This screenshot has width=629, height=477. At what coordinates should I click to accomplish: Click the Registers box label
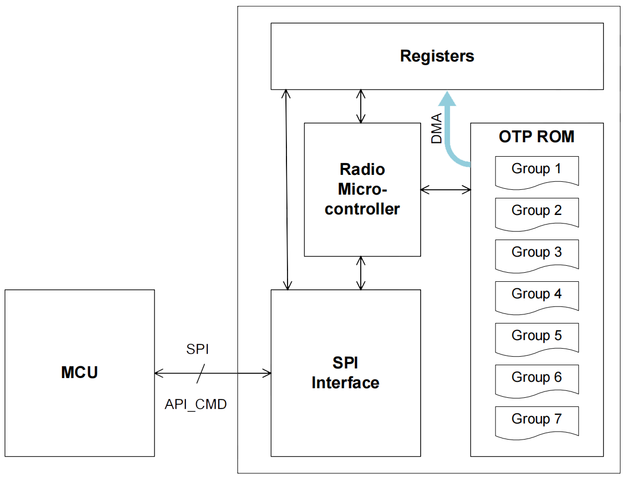(437, 56)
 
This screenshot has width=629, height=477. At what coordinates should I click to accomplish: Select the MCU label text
(80, 372)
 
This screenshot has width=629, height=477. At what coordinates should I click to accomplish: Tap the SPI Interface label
(345, 373)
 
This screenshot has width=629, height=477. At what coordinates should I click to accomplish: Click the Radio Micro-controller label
(362, 189)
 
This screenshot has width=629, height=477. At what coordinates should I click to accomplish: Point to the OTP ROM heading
(537, 137)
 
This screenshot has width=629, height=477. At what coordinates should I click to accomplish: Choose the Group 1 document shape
(537, 171)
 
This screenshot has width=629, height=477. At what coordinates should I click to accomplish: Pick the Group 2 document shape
(537, 212)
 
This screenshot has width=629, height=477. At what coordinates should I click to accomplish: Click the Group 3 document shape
(537, 254)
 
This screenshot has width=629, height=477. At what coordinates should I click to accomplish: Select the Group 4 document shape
(537, 296)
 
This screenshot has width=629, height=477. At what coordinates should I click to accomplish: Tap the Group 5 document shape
(537, 337)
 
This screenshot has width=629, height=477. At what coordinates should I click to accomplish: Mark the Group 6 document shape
(537, 379)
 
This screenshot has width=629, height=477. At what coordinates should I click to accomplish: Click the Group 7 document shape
(537, 421)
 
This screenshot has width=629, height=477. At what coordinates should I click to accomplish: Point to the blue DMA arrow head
(447, 98)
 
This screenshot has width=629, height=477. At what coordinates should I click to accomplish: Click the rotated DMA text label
(437, 129)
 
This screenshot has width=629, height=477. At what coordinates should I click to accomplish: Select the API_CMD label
(196, 405)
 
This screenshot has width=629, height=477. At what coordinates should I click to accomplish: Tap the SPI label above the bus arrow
(197, 350)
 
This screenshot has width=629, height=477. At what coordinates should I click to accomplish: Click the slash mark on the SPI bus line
(200, 373)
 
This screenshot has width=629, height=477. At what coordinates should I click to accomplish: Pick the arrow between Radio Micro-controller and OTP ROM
(445, 189)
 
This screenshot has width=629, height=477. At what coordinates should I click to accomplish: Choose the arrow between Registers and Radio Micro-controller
(362, 106)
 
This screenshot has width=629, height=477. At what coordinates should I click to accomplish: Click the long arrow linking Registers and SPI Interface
(288, 190)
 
